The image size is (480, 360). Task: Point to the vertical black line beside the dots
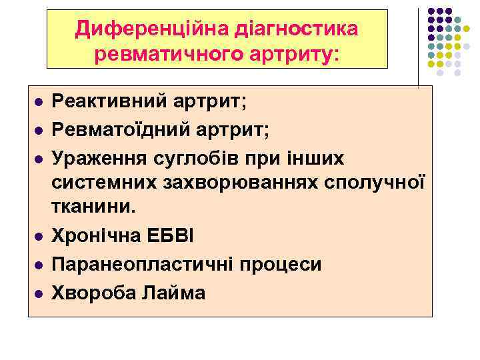tap(419, 47)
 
